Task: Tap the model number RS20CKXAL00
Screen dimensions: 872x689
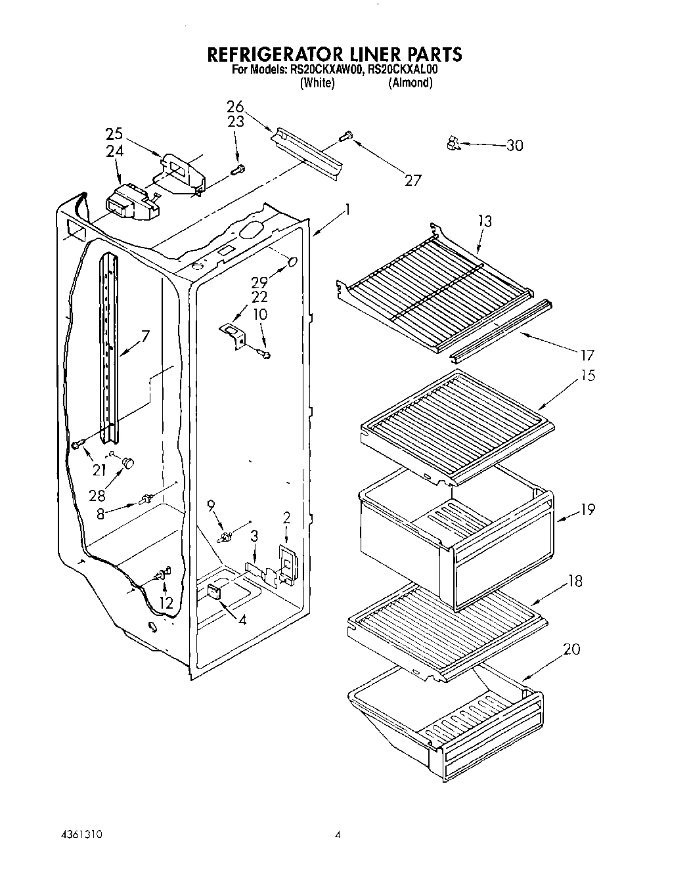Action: click(401, 69)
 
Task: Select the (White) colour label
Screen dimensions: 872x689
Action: click(317, 83)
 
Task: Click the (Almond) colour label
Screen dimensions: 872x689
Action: click(410, 83)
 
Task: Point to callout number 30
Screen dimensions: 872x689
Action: click(514, 145)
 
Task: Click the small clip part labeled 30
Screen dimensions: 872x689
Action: click(452, 142)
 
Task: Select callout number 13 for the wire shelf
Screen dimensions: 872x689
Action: click(485, 221)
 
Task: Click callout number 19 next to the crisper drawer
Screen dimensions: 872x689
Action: click(587, 509)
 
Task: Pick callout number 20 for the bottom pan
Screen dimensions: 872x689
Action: click(571, 649)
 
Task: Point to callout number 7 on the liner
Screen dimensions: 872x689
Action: click(144, 336)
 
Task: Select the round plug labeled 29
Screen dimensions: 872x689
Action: click(292, 262)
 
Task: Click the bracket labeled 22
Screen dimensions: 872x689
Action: click(233, 331)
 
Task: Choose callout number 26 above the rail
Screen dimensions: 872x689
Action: click(235, 106)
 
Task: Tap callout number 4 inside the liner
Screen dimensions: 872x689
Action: click(242, 619)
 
